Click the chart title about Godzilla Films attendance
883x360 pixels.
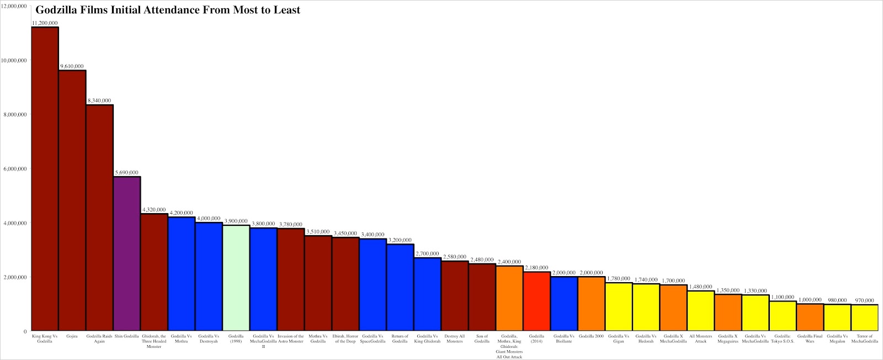(168, 10)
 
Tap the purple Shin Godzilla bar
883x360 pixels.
(127, 254)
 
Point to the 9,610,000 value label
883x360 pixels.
(72, 66)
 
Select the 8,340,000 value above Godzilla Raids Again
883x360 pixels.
(99, 101)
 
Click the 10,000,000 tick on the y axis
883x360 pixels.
(14, 60)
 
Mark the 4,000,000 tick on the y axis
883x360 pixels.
(15, 223)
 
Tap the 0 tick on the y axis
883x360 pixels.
(25, 331)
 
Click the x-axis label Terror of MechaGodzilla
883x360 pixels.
(864, 338)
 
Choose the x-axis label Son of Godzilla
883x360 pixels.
(482, 338)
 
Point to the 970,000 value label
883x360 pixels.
(864, 300)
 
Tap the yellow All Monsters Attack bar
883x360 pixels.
(700, 311)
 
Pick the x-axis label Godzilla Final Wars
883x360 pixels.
(810, 338)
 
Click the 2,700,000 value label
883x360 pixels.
(427, 254)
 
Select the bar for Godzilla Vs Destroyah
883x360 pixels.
(209, 276)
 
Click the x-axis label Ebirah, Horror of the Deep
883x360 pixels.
(345, 338)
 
